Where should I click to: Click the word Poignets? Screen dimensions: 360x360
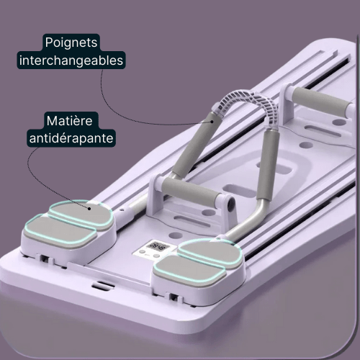tap(71, 42)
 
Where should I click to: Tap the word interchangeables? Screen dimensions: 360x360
tap(71, 60)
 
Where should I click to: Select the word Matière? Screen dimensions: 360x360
tap(69, 120)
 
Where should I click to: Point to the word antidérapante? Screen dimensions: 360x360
tap(71, 138)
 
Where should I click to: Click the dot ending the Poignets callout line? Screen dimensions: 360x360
tap(212, 122)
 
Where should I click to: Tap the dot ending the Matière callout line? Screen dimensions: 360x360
tap(89, 209)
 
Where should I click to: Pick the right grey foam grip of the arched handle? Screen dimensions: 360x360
tap(269, 166)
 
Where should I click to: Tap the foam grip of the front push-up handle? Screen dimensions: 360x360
tap(191, 189)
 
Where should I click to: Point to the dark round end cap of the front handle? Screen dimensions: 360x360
tap(231, 204)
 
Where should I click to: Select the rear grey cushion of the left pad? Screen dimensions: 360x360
tap(81, 214)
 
